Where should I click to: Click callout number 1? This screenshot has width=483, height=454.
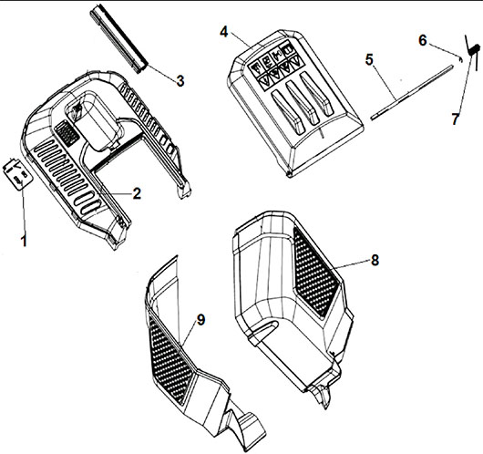pyautogui.click(x=24, y=240)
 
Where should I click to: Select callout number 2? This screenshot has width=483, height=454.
pyautogui.click(x=137, y=193)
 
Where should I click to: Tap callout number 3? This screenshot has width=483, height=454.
pyautogui.click(x=180, y=80)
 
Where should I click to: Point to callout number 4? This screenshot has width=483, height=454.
pyautogui.click(x=224, y=32)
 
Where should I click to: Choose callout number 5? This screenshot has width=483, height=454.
pyautogui.click(x=369, y=59)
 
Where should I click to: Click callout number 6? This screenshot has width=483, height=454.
pyautogui.click(x=423, y=40)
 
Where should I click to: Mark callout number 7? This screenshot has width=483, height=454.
pyautogui.click(x=456, y=119)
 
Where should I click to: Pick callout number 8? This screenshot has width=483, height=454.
pyautogui.click(x=375, y=260)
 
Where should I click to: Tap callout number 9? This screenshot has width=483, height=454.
pyautogui.click(x=200, y=320)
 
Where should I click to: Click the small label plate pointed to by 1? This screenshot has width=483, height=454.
pyautogui.click(x=17, y=174)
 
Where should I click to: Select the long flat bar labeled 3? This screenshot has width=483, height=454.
pyautogui.click(x=118, y=38)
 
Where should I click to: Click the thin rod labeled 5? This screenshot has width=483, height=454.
pyautogui.click(x=412, y=92)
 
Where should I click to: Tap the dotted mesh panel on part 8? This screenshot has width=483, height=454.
pyautogui.click(x=314, y=273)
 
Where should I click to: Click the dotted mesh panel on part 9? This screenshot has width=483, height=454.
pyautogui.click(x=170, y=361)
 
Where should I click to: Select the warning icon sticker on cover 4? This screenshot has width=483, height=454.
pyautogui.click(x=275, y=66)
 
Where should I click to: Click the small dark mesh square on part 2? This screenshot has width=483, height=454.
pyautogui.click(x=67, y=133)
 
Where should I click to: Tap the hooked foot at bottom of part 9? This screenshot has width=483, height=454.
pyautogui.click(x=245, y=426)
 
